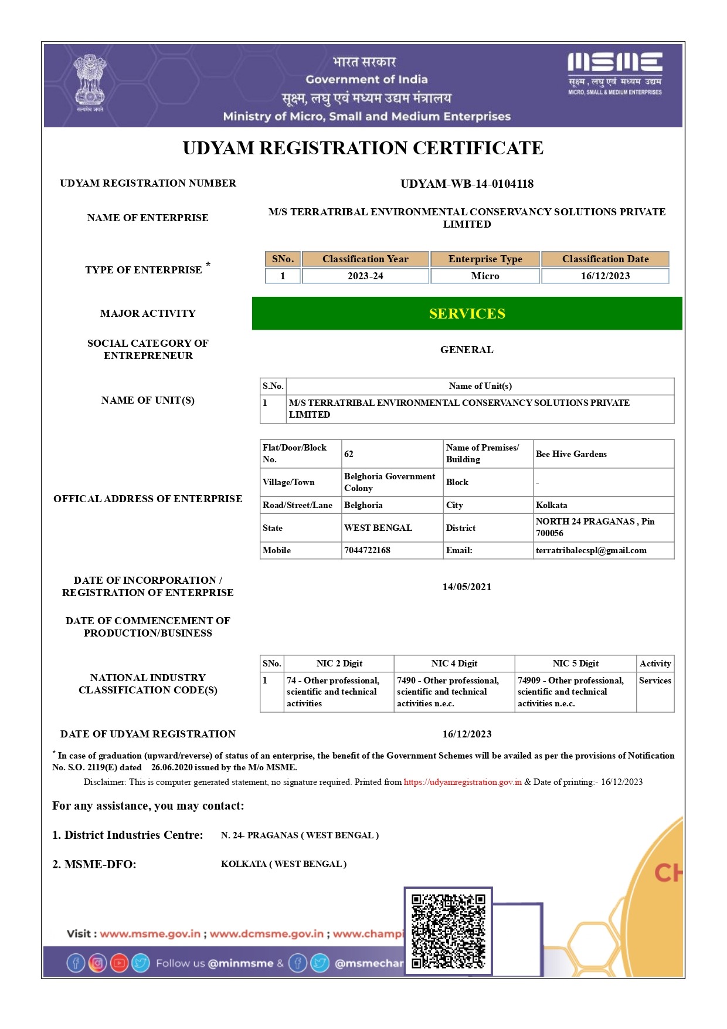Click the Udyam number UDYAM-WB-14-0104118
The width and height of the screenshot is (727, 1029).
pyautogui.click(x=467, y=184)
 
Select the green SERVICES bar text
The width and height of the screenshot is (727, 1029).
pyautogui.click(x=467, y=314)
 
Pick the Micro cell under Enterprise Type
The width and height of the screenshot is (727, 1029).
pyautogui.click(x=485, y=276)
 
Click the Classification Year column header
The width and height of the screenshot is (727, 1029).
pyautogui.click(x=365, y=259)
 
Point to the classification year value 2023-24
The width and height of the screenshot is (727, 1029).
pyautogui.click(x=365, y=276)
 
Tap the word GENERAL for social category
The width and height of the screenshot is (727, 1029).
pyautogui.click(x=467, y=350)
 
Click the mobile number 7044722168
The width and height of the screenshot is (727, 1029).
pyautogui.click(x=367, y=550)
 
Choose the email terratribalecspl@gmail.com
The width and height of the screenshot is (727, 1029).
pyautogui.click(x=591, y=550)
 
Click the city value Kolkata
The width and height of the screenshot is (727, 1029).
pyautogui.click(x=551, y=505)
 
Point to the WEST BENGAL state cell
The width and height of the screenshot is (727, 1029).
pyautogui.click(x=378, y=528)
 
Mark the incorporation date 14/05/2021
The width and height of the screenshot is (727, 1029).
pyautogui.click(x=467, y=587)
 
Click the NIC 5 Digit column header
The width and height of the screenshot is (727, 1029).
pyautogui.click(x=575, y=664)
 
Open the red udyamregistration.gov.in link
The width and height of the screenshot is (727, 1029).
pyautogui.click(x=463, y=782)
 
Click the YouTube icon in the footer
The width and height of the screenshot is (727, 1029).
pyautogui.click(x=119, y=963)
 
